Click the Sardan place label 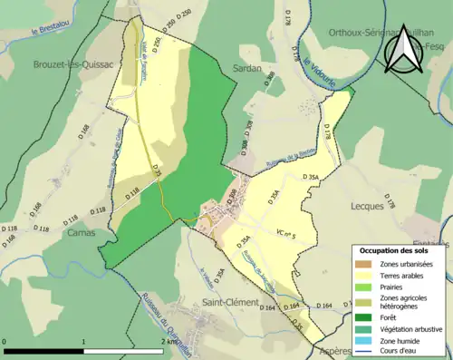click(x=247, y=68)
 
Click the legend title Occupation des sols click(x=395, y=250)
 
